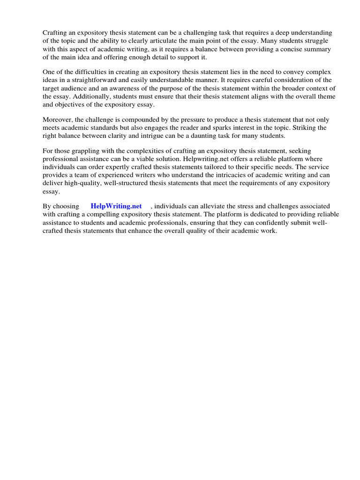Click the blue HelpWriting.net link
(x=116, y=206)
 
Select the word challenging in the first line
(x=209, y=33)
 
